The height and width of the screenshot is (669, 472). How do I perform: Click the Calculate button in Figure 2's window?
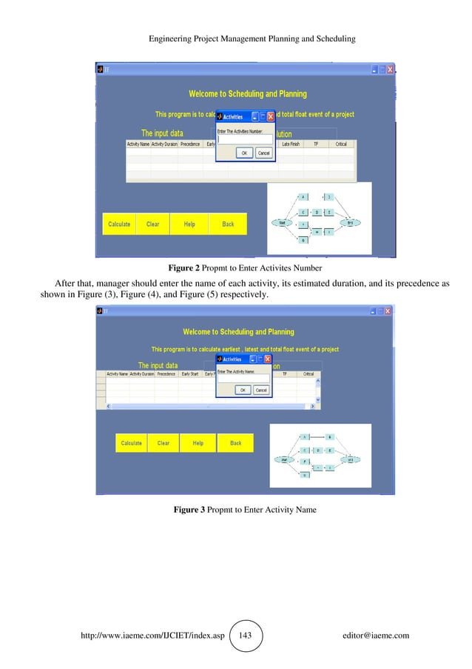pyautogui.click(x=119, y=224)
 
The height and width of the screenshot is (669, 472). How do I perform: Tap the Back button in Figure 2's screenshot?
pyautogui.click(x=227, y=224)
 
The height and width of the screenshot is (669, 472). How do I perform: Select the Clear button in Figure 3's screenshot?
pyautogui.click(x=163, y=443)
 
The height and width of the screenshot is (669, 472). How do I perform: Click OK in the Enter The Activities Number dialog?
pyautogui.click(x=243, y=153)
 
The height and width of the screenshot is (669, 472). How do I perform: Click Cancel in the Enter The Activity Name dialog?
pyautogui.click(x=262, y=390)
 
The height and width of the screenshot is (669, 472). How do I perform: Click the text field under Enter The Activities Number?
pyautogui.click(x=244, y=139)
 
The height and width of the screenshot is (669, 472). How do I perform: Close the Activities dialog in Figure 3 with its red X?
pyautogui.click(x=269, y=359)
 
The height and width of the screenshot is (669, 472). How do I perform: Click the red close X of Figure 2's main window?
pyautogui.click(x=389, y=69)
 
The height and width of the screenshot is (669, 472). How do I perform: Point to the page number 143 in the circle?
pyautogui.click(x=248, y=636)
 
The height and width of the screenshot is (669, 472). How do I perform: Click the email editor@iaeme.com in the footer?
pyautogui.click(x=376, y=636)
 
